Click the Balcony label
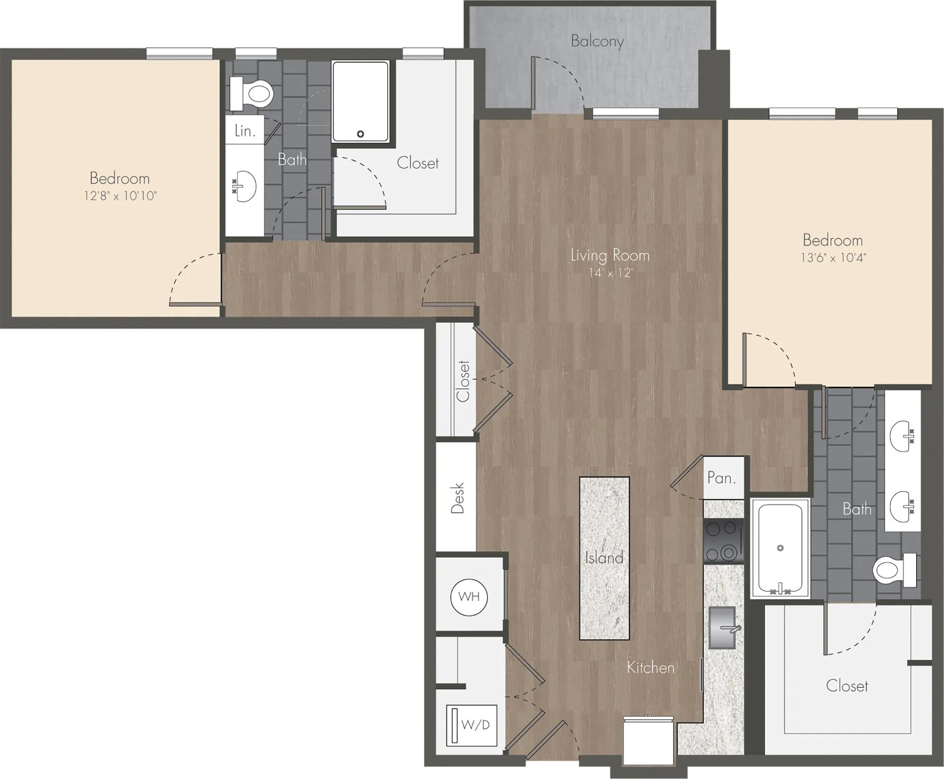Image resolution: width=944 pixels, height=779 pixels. (x=597, y=41)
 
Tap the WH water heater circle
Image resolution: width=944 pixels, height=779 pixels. (x=469, y=597)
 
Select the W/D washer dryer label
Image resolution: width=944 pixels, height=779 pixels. (x=476, y=725)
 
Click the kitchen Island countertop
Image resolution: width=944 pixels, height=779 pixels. (x=604, y=558)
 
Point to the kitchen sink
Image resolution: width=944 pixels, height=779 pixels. (x=722, y=628)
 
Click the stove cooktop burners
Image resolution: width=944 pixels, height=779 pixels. (x=723, y=541)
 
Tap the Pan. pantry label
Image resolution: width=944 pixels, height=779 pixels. (x=722, y=478)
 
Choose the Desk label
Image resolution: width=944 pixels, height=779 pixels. (x=457, y=498)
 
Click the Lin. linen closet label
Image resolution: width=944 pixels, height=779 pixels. (x=244, y=130)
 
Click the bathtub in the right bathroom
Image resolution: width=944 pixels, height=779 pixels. (x=780, y=548)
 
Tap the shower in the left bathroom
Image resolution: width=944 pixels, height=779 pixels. (x=361, y=102)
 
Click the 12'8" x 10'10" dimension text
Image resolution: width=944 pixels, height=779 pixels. (x=120, y=196)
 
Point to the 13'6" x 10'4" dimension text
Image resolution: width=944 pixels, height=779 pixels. (x=833, y=257)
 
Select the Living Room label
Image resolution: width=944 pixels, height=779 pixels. (x=610, y=256)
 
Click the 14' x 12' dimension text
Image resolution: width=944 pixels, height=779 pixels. (x=610, y=273)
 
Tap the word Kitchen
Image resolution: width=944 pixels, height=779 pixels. (x=650, y=668)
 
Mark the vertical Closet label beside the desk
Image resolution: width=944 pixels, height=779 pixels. (x=463, y=381)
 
